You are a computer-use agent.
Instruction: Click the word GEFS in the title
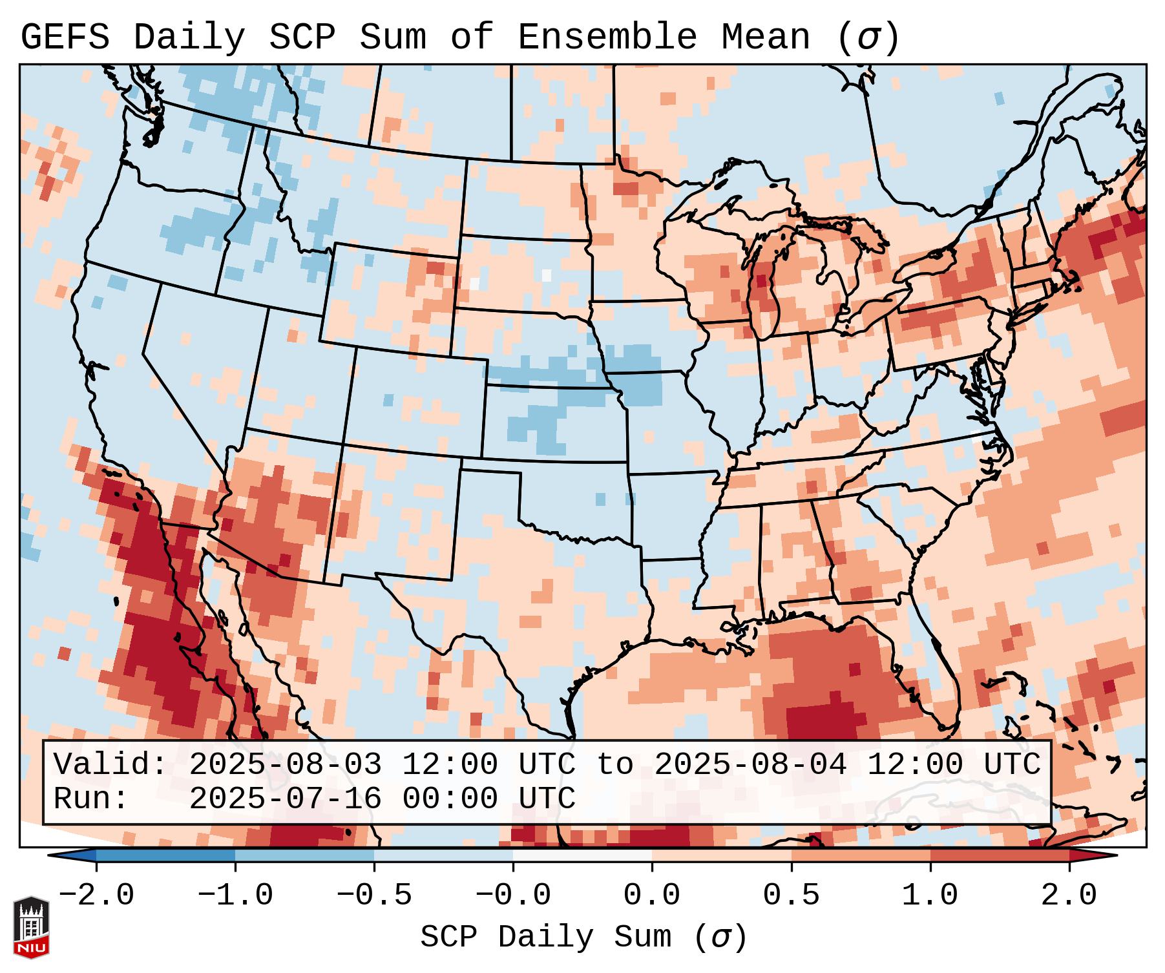click(65, 37)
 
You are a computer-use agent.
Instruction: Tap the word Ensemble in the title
click(607, 37)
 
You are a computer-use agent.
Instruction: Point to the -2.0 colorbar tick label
click(96, 895)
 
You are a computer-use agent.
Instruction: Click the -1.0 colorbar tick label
click(235, 895)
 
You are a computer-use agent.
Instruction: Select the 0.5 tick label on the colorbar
click(791, 895)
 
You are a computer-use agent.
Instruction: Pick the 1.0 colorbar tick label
click(930, 895)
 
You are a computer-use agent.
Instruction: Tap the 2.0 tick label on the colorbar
click(1069, 895)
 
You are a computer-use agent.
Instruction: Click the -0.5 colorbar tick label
click(374, 895)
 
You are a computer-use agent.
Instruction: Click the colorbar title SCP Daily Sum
click(556, 937)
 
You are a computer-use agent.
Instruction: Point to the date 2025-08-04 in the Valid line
click(750, 764)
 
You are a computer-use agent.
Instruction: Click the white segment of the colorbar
click(582, 856)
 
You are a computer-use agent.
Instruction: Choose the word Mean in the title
click(765, 37)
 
